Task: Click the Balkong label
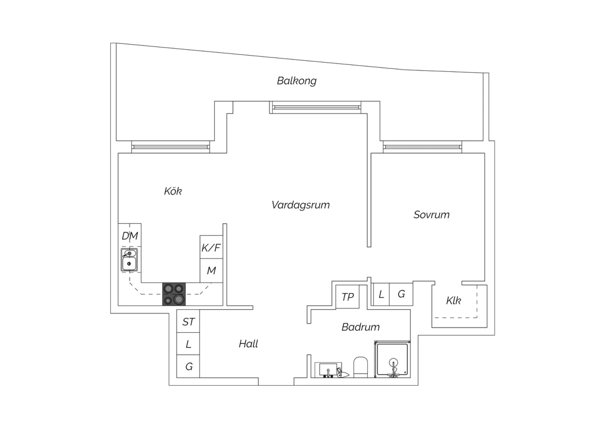296,81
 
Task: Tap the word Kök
173,191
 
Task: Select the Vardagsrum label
300,205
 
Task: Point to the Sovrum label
431,215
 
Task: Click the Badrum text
361,327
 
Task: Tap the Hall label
248,344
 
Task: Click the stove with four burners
174,294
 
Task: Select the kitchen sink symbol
129,260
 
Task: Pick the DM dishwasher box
129,235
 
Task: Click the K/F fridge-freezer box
211,247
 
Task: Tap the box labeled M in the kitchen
211,271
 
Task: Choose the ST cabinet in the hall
188,321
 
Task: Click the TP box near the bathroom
347,297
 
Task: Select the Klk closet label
453,301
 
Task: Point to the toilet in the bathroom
361,367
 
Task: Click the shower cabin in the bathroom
392,359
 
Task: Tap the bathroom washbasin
328,370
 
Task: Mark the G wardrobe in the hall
188,366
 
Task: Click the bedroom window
422,147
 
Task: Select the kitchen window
171,147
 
